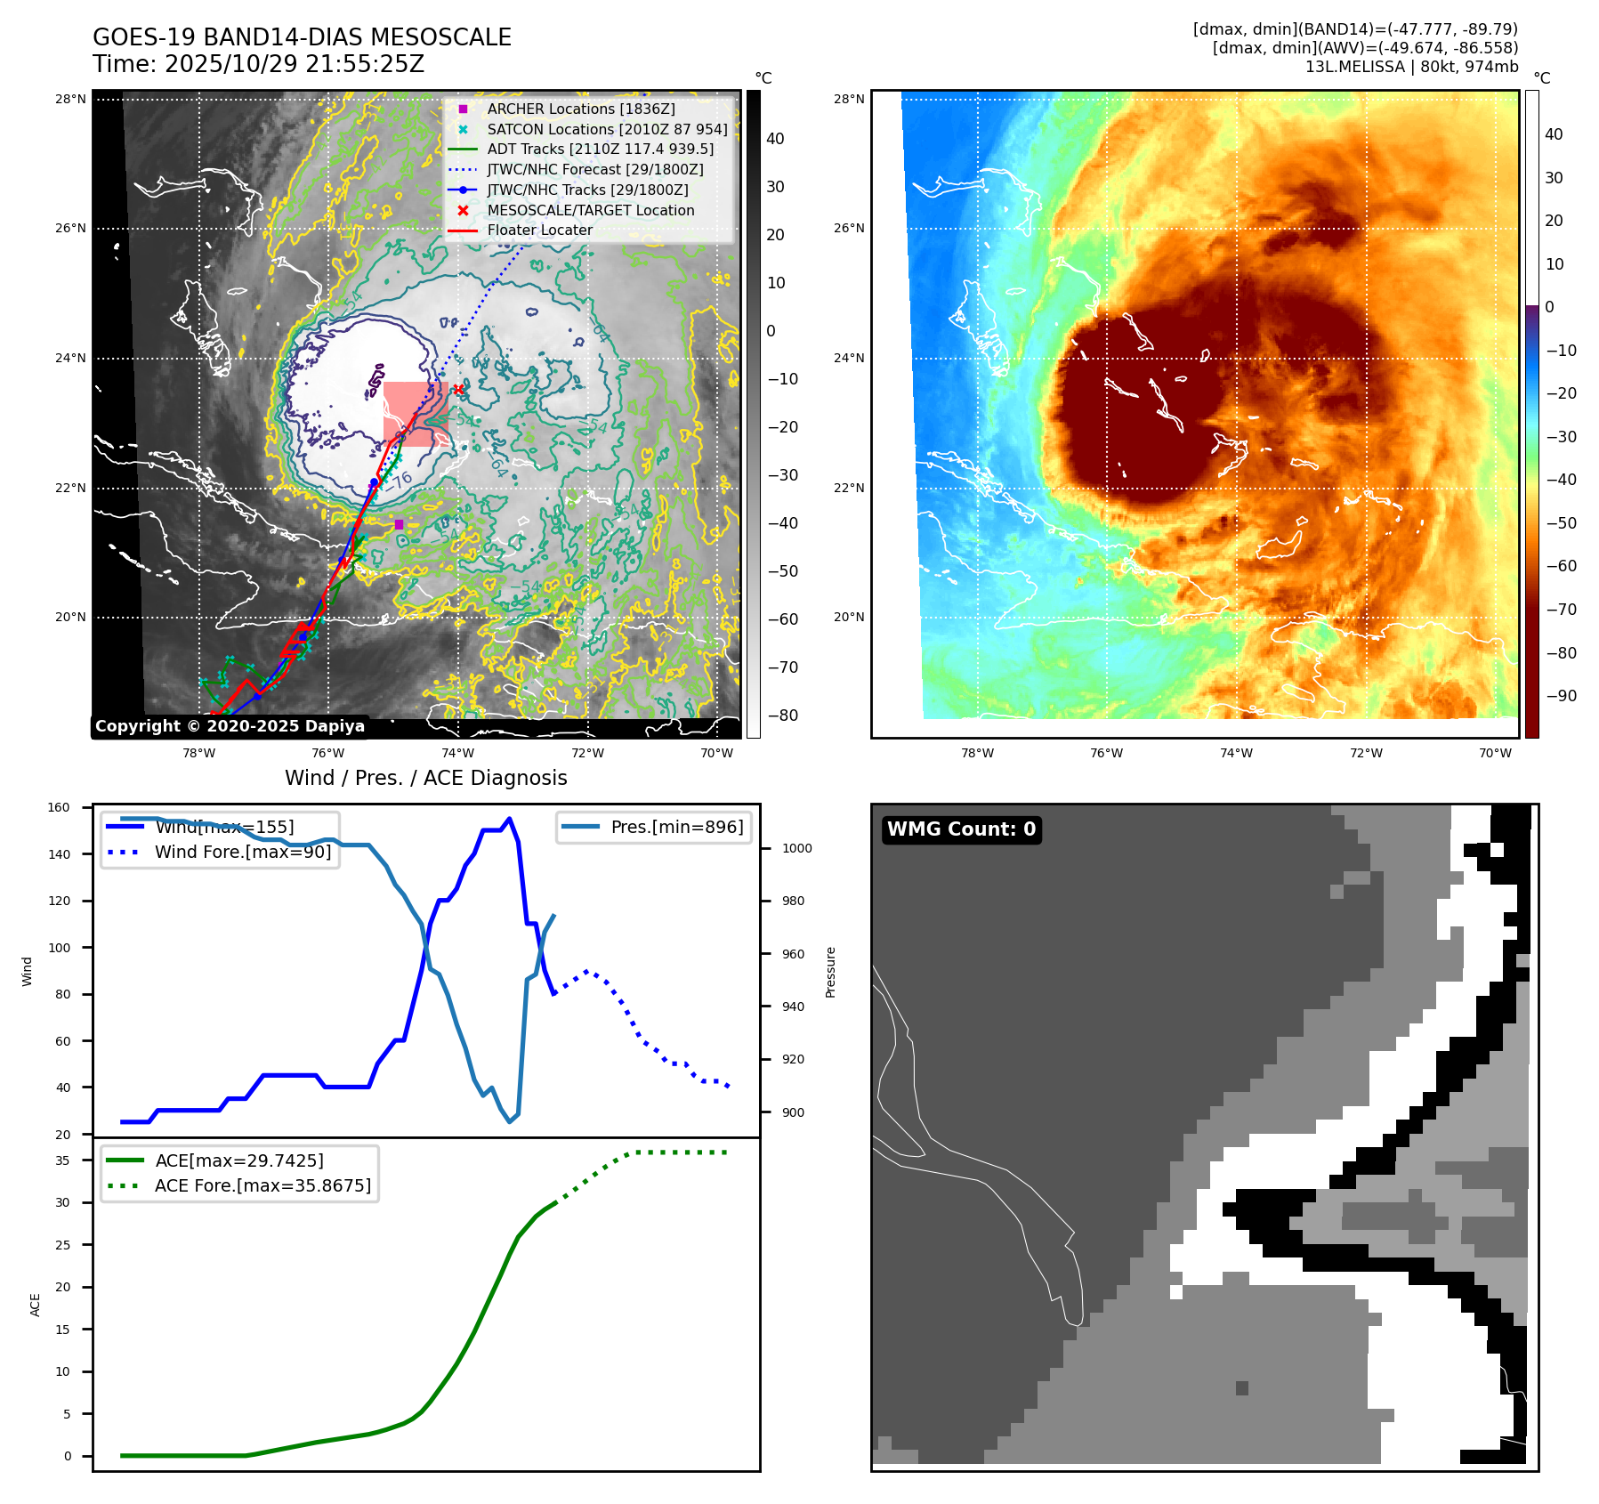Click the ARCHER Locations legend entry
(580, 109)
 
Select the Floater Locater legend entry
(539, 230)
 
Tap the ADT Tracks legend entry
(600, 149)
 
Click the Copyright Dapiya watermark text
(230, 726)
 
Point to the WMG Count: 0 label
(961, 829)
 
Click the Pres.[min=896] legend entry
(676, 827)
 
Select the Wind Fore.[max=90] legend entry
(242, 852)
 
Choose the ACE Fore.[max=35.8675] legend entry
(262, 1185)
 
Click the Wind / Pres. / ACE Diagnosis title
(425, 778)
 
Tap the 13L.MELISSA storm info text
(1411, 67)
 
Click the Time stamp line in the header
(258, 64)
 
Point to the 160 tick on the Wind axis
(59, 808)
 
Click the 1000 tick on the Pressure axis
(796, 848)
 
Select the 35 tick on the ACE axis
(62, 1160)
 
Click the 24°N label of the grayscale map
(70, 359)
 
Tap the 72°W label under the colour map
(1365, 753)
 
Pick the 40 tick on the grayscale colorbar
(775, 139)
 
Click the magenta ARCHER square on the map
(399, 524)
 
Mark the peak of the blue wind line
(509, 819)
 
